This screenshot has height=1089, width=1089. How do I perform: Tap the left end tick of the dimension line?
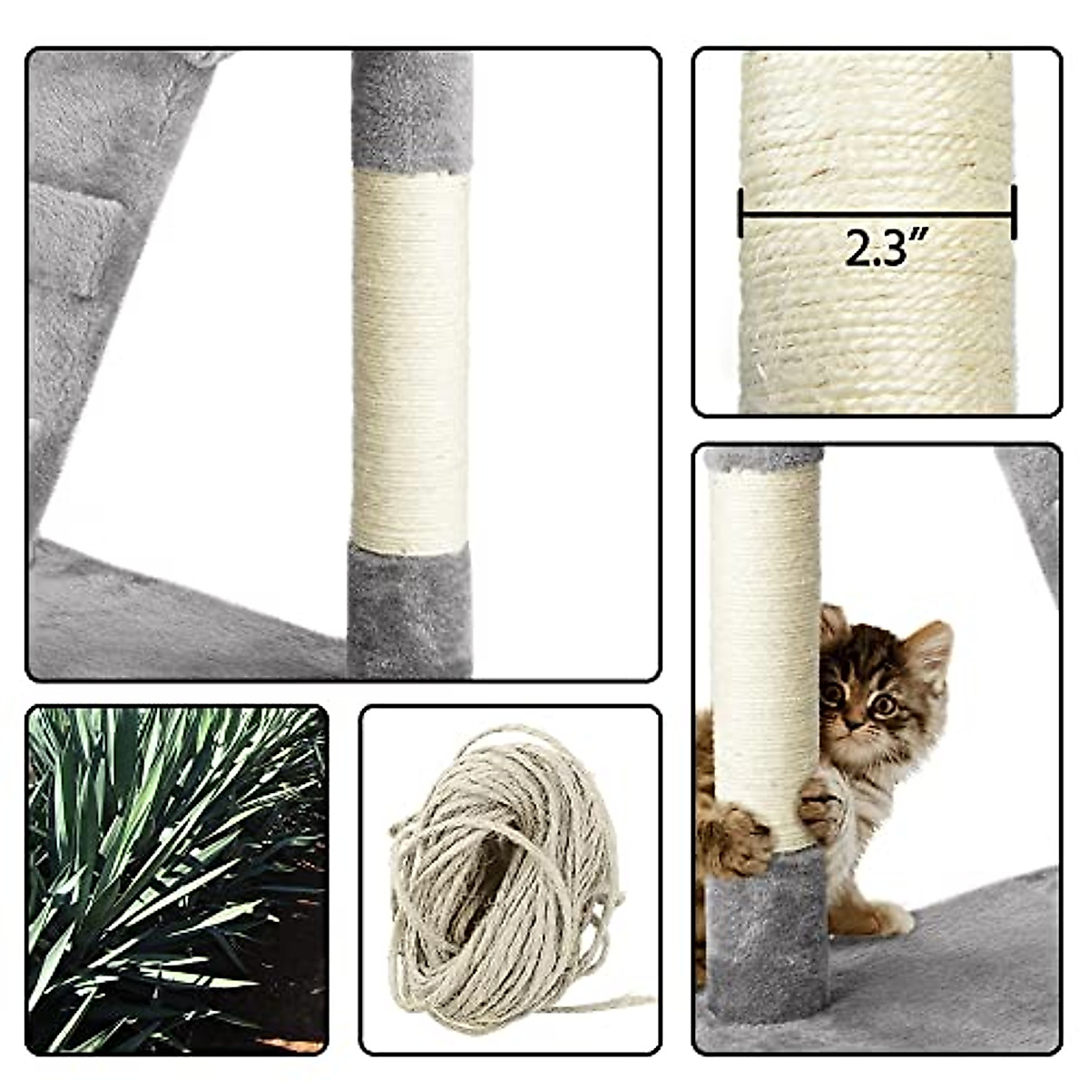tap(741, 214)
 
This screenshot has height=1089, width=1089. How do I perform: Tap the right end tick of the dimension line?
tap(1013, 214)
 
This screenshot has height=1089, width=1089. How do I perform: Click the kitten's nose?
tap(855, 722)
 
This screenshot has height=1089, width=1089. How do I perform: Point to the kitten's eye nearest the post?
tap(831, 694)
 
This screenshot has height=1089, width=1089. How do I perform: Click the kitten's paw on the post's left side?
tap(740, 839)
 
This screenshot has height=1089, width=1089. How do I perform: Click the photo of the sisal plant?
tap(177, 878)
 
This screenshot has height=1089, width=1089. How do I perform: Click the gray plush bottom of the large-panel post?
tap(410, 608)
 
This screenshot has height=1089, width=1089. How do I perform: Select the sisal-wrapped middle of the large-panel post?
tap(410, 363)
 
